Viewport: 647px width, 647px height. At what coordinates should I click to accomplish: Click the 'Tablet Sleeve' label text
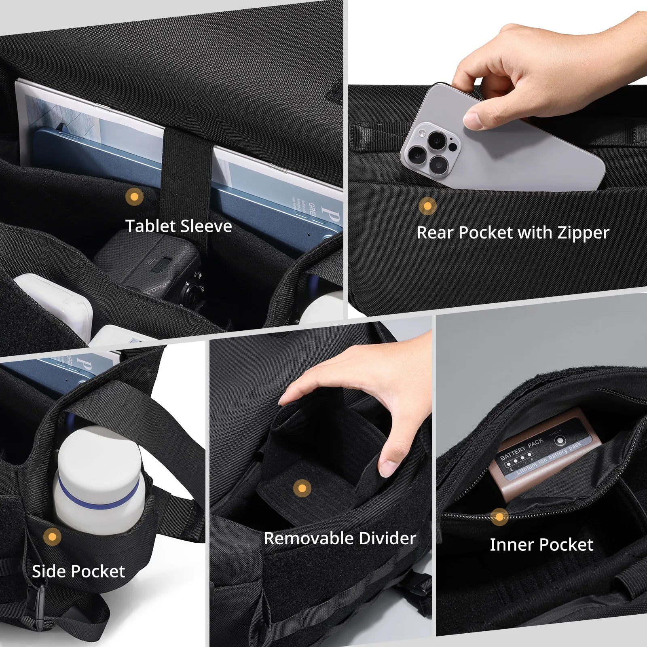click(178, 226)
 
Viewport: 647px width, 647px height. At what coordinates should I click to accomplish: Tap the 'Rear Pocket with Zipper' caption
click(513, 233)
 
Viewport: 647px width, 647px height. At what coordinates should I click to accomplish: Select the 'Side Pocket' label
click(78, 571)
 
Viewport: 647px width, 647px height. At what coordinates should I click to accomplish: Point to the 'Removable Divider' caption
click(340, 538)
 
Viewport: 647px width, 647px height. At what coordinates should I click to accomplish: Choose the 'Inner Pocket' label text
click(541, 545)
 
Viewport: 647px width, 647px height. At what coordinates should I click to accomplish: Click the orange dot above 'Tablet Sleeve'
click(134, 197)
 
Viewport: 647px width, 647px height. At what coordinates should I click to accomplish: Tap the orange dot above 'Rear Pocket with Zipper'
click(427, 206)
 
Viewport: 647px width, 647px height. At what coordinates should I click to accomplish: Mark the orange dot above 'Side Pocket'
click(52, 537)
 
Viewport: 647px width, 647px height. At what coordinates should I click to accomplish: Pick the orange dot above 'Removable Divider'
click(302, 488)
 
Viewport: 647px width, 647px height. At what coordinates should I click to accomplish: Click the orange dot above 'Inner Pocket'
click(499, 517)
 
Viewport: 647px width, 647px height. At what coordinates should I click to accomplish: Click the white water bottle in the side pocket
click(99, 481)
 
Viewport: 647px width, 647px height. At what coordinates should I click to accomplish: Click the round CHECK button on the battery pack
click(560, 441)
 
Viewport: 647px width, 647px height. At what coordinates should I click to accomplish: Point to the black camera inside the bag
click(154, 263)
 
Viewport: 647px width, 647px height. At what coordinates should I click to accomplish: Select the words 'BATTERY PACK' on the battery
click(522, 449)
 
